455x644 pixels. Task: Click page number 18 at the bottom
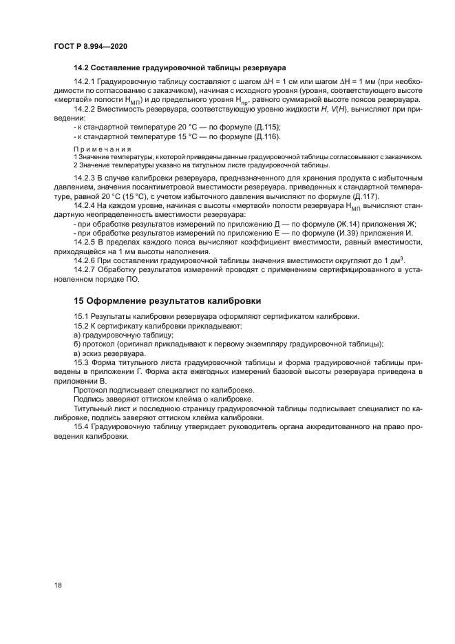click(x=58, y=585)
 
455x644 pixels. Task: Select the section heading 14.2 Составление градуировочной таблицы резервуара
click(x=180, y=68)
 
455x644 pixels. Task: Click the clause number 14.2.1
click(x=86, y=83)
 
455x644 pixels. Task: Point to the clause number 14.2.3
click(x=86, y=178)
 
